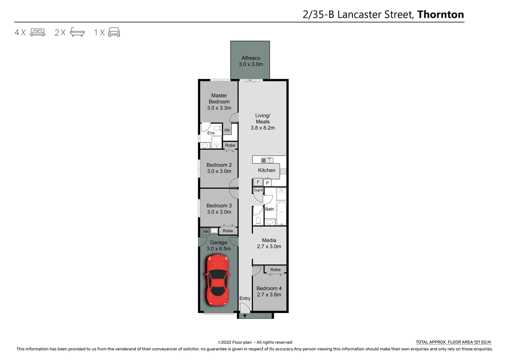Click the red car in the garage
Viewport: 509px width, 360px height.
(218, 280)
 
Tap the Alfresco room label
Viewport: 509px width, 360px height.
(251, 58)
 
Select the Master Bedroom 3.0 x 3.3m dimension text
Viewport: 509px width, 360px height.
(219, 108)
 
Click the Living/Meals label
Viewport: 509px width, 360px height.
(262, 119)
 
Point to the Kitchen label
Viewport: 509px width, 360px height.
(266, 170)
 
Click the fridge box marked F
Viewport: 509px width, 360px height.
(258, 182)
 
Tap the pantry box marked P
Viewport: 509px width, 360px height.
(267, 183)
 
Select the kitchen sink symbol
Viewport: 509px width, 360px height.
(267, 160)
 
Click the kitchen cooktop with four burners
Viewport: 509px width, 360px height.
(283, 172)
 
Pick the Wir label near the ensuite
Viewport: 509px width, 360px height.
(227, 130)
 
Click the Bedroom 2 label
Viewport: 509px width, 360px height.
(219, 165)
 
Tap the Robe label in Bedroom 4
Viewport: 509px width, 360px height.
(275, 270)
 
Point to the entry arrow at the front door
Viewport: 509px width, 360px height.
(245, 316)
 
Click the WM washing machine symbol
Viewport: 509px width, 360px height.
(206, 232)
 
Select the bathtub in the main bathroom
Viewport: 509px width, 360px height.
(281, 213)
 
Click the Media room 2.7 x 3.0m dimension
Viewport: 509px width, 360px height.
(269, 247)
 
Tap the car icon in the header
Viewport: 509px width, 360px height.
(114, 32)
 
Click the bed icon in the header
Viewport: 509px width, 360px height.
(38, 32)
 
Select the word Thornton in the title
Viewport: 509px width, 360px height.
(440, 15)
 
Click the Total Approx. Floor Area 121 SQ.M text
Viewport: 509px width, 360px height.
(453, 342)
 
